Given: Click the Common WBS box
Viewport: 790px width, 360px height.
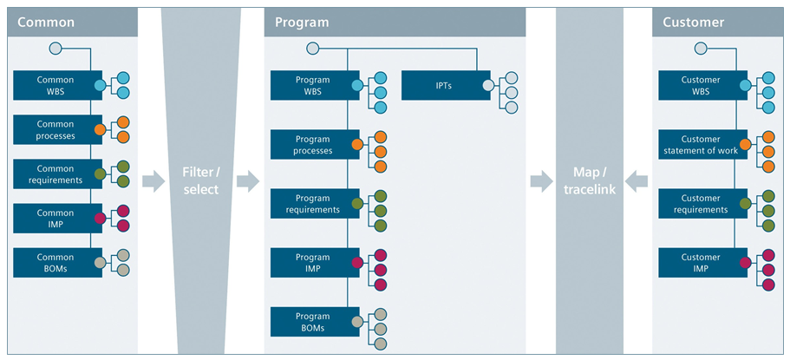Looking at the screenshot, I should coord(55,85).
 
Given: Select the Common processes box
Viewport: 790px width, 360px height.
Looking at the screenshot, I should coord(55,130).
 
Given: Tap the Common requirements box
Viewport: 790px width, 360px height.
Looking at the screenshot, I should coord(55,173).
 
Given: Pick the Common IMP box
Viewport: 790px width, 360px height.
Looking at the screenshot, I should coord(55,218).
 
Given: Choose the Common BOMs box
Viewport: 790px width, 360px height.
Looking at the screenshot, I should coord(55,262).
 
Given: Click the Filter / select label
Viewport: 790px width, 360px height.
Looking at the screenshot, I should coord(200,181).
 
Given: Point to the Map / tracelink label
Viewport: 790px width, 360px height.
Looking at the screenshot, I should coord(590,181).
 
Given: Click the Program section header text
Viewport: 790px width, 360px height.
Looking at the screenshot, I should coord(302,22).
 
